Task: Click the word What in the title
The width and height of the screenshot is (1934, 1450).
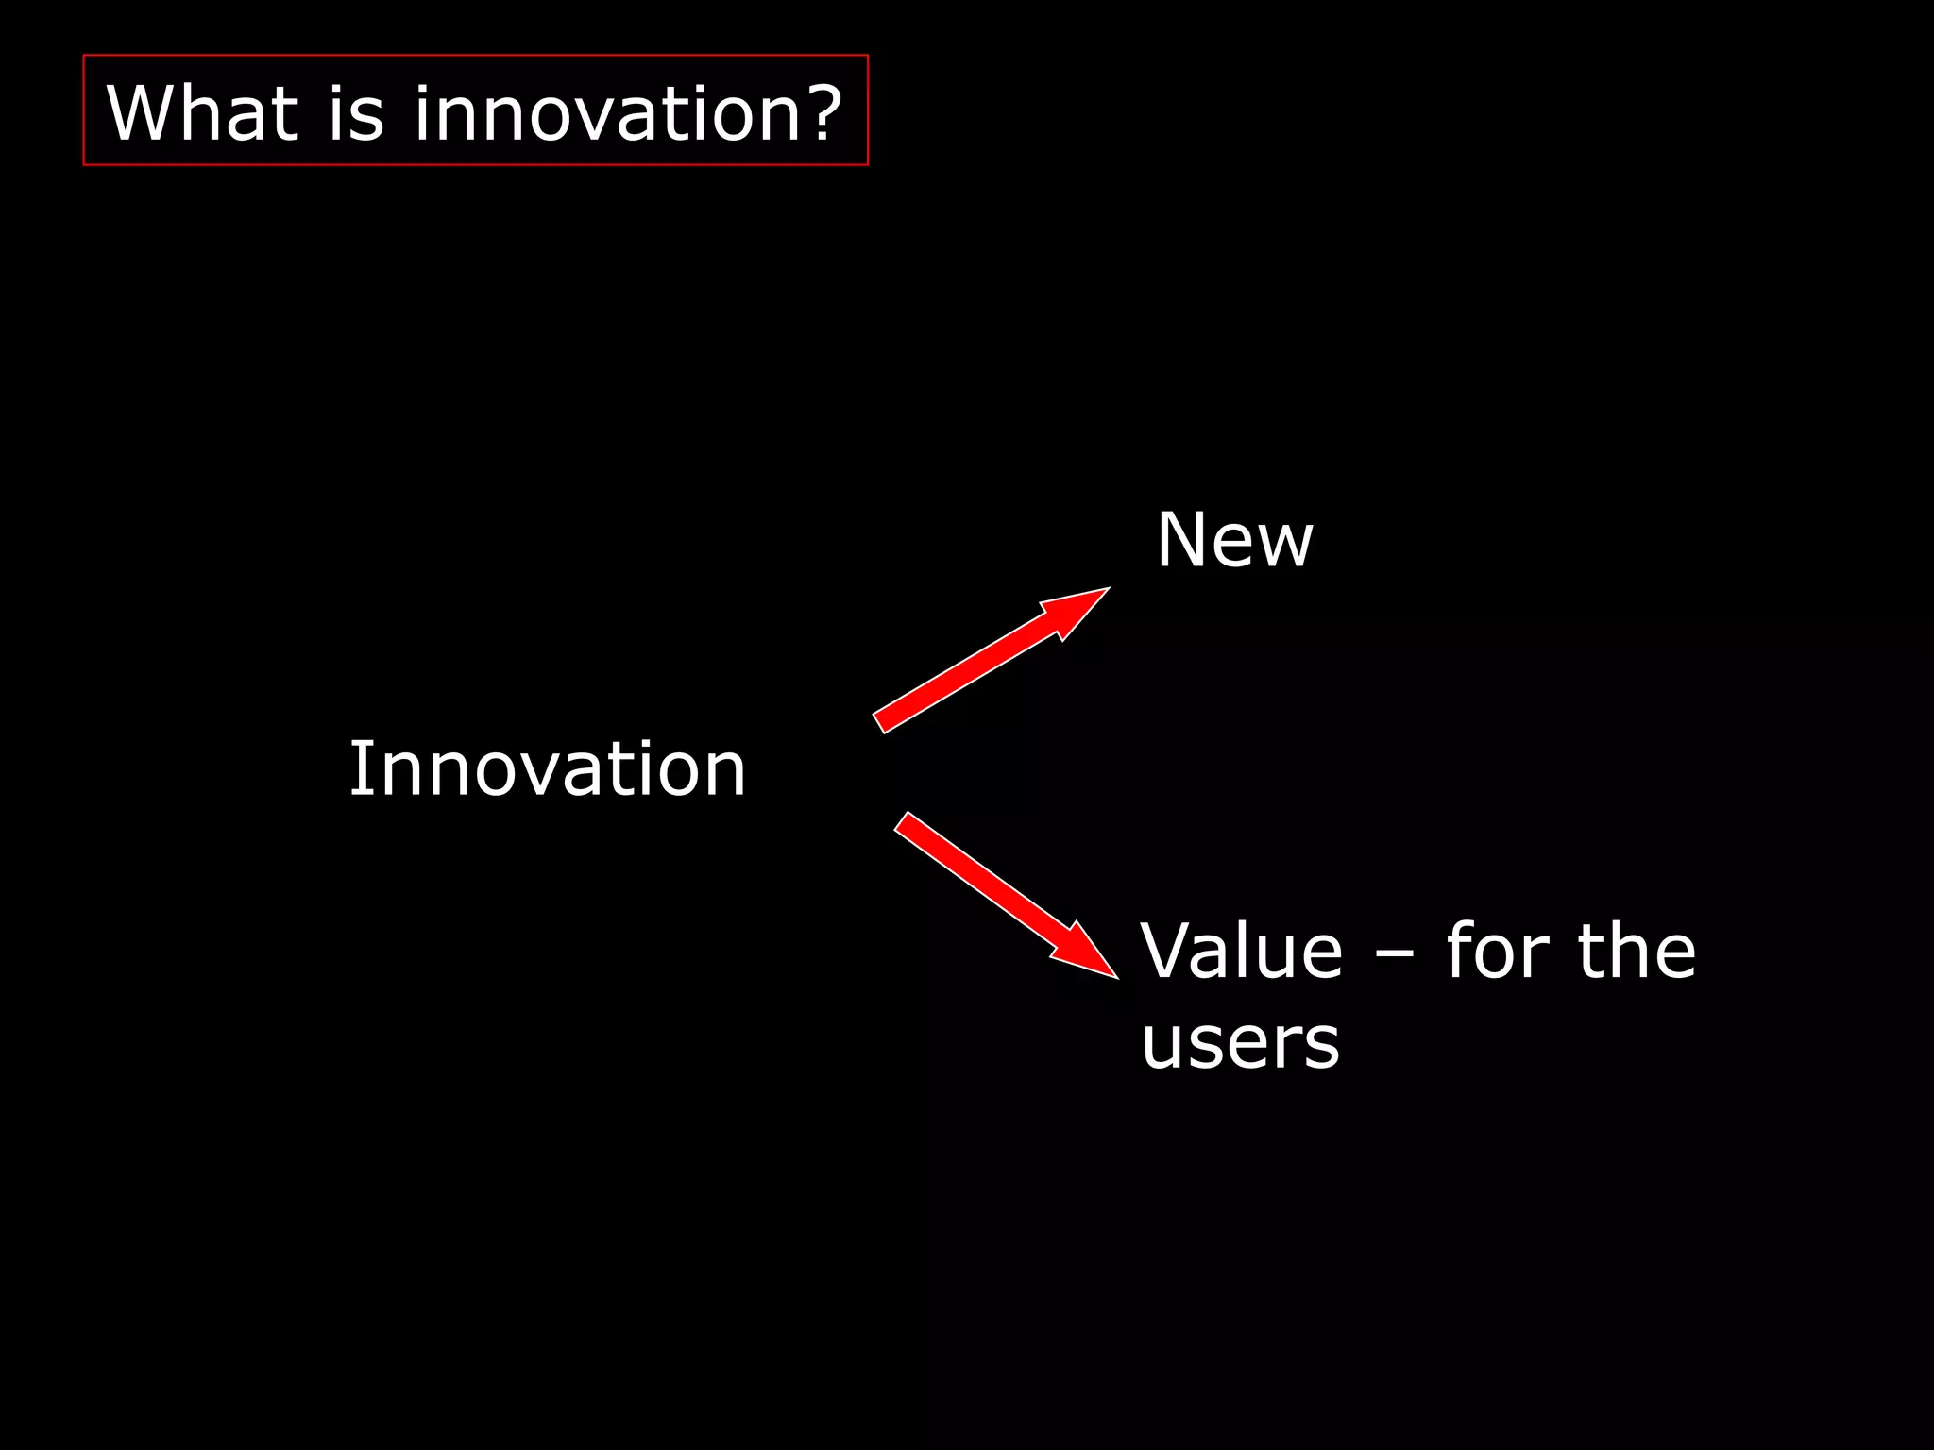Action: [x=203, y=113]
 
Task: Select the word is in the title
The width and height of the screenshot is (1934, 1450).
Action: [x=357, y=113]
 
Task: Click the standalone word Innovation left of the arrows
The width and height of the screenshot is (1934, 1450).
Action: [x=548, y=768]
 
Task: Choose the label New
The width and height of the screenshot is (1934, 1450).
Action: [x=1234, y=540]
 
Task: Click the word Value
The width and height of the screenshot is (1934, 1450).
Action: [x=1241, y=951]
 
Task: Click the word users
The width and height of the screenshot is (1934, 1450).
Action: [x=1240, y=1042]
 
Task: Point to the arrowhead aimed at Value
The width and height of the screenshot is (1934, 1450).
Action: [x=1086, y=953]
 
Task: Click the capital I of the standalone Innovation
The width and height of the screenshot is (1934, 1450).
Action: [x=356, y=768]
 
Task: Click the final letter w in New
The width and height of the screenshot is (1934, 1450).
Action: [x=1285, y=545]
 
